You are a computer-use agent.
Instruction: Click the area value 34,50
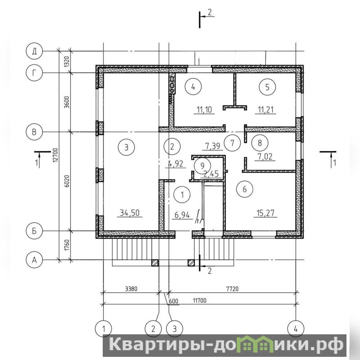[130, 213]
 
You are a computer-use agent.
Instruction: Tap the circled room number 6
[245, 189]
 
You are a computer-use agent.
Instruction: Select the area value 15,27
[265, 213]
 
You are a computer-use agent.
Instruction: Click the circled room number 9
[202, 165]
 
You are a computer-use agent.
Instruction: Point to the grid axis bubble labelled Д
[34, 51]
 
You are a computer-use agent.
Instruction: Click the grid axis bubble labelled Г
[34, 73]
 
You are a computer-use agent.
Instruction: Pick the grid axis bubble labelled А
[34, 260]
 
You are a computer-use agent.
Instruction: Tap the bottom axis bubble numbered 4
[296, 329]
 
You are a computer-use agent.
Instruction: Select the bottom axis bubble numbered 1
[104, 329]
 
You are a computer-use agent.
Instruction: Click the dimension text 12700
[55, 155]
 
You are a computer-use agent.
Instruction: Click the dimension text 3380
[131, 288]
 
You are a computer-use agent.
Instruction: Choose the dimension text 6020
[67, 181]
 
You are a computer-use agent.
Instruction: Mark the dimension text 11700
[200, 301]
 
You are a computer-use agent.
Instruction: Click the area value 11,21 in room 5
[266, 110]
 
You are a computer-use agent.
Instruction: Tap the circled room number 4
[193, 87]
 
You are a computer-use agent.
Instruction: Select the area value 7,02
[265, 157]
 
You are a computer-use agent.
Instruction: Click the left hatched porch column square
[155, 263]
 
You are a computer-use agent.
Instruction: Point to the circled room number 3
[126, 147]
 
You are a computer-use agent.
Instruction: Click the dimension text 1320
[67, 62]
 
